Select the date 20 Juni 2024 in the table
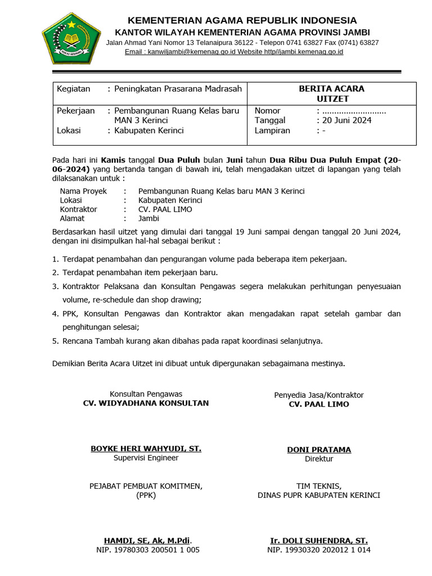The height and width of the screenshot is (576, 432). tap(346, 120)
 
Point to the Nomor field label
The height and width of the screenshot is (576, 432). tap(267, 111)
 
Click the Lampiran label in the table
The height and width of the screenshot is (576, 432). tap(272, 130)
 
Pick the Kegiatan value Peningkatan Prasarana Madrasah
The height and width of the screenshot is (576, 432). tap(178, 89)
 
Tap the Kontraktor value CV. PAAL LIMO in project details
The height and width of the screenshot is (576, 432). tap(165, 209)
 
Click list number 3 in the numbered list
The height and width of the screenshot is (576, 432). tap(55, 286)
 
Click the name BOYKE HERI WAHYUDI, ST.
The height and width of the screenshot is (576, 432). tap(146, 449)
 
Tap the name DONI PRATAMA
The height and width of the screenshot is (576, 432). tap(318, 449)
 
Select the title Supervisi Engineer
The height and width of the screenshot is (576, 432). tap(146, 458)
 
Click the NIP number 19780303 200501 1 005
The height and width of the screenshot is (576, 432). tap(148, 550)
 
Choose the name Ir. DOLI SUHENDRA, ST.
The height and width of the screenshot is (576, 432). tap(318, 541)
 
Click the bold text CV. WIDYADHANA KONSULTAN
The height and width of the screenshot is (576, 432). tap(146, 403)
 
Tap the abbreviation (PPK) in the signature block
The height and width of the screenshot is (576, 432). tap(146, 496)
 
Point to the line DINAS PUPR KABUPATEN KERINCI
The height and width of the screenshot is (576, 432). tap(318, 496)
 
